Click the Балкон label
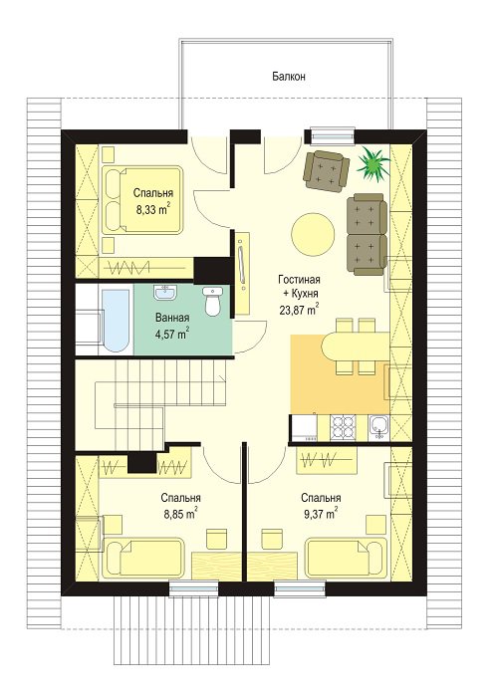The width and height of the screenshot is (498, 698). [289, 76]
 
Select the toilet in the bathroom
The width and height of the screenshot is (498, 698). [213, 301]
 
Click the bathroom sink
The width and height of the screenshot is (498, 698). [165, 292]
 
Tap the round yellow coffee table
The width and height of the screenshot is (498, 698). [313, 234]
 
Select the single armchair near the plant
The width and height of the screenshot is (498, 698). [326, 170]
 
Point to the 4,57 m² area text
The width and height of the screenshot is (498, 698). [172, 334]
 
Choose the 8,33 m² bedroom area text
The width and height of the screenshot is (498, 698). [152, 209]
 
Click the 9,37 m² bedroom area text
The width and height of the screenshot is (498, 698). [321, 513]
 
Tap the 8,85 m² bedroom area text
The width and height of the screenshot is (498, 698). [180, 513]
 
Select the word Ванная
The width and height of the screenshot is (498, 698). [172, 318]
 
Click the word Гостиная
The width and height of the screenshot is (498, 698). [300, 280]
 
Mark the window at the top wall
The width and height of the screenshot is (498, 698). [333, 136]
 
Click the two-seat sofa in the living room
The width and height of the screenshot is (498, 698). [368, 235]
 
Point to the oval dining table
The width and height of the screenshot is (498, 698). [356, 347]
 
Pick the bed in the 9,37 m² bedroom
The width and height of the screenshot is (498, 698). [346, 558]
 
